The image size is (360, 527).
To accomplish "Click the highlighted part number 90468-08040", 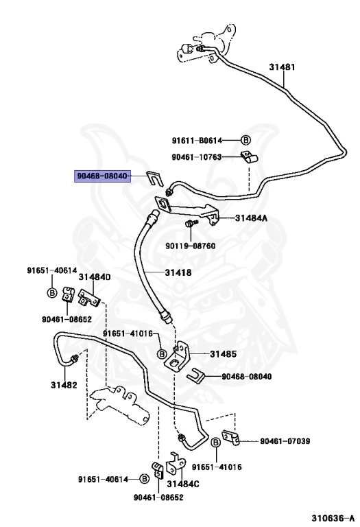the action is (102, 176).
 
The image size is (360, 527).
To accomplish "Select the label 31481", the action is (282, 67).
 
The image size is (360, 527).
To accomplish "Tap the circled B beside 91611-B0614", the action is (245, 140).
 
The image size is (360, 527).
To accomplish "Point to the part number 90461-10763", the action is (197, 157).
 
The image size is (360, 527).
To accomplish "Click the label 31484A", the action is (251, 218).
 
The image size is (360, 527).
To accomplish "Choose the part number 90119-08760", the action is (191, 246).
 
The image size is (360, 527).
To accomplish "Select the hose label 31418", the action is (178, 272).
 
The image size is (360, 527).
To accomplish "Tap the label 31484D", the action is (95, 277).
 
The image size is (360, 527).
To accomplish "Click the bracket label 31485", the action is (224, 354).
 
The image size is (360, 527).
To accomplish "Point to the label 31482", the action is (64, 385).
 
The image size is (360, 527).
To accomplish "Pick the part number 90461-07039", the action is (285, 441).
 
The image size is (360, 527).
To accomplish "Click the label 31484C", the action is (183, 484).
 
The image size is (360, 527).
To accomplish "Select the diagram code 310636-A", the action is (333, 518).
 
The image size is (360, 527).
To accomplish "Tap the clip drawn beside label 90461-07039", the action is (230, 437).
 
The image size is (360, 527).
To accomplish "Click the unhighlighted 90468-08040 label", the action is (246, 376).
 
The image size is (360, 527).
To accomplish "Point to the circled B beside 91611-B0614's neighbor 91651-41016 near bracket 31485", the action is (162, 354).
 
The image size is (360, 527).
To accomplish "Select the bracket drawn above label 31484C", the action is (177, 462).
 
